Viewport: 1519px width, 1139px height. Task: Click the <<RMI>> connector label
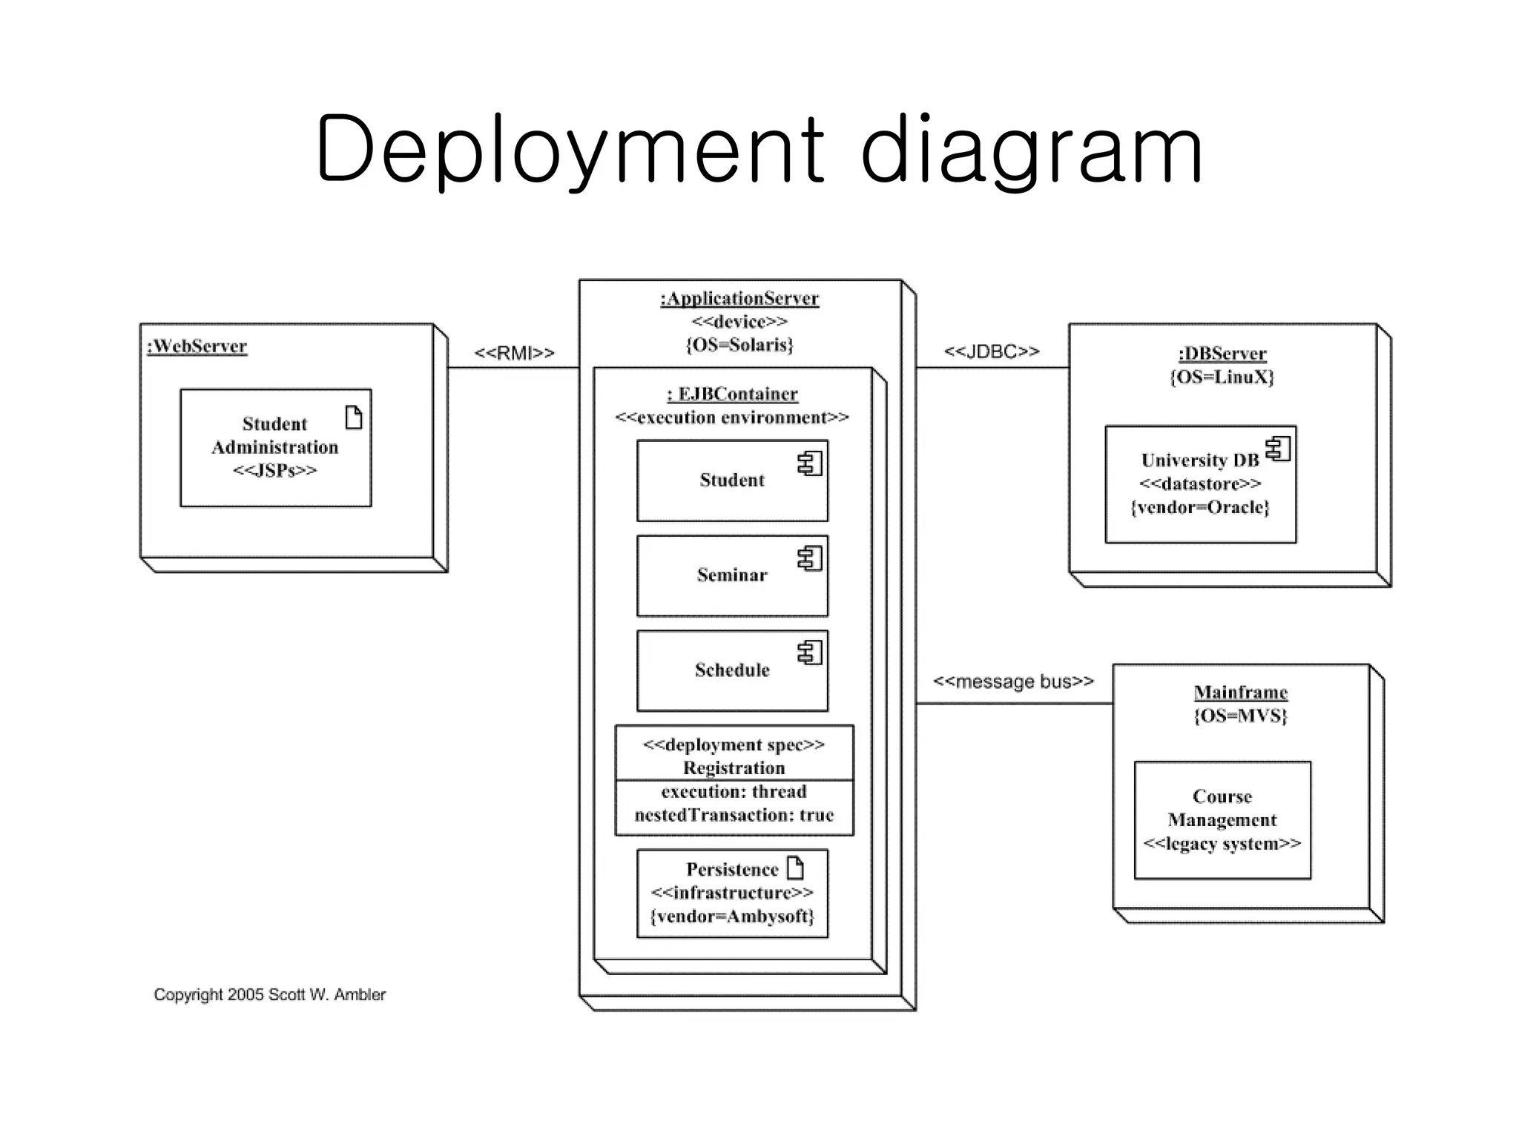514,353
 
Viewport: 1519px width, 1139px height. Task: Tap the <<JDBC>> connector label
991,351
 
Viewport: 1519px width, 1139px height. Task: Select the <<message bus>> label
1013,681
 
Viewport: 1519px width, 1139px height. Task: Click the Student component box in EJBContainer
731,481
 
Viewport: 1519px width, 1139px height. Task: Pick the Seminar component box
731,576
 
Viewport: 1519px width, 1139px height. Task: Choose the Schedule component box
731,671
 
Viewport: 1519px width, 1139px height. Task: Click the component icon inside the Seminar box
810,558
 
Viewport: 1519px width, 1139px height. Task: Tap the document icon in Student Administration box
354,417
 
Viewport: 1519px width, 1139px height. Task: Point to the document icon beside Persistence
795,868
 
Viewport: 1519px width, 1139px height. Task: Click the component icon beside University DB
1278,449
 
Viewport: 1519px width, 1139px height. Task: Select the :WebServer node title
197,346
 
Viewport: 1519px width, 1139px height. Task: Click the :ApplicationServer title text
739,299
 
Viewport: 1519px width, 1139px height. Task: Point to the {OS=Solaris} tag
739,345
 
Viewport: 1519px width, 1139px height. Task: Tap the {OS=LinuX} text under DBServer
1222,377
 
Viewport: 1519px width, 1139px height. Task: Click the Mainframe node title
1240,693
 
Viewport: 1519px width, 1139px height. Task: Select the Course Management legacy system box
1222,820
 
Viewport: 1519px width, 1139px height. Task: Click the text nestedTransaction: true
734,815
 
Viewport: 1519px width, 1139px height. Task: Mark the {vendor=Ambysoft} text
732,917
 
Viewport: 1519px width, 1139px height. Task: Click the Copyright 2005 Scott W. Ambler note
269,994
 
